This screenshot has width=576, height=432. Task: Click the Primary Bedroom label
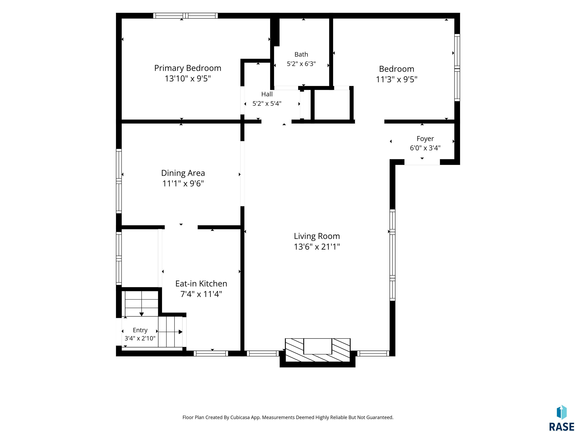[187, 68]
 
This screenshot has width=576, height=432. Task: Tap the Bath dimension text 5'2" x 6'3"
[301, 64]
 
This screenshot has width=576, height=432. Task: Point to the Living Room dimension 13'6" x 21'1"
[317, 247]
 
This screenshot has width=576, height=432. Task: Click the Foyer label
[425, 139]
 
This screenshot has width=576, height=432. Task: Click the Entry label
[140, 330]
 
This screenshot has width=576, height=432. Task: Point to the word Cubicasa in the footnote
[240, 417]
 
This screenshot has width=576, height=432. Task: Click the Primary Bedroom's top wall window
[185, 16]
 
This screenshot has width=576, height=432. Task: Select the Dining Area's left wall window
[119, 181]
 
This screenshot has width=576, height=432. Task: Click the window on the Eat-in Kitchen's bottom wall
[211, 353]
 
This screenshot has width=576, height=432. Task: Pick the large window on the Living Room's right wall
[392, 255]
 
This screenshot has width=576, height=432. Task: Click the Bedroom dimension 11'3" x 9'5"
[397, 79]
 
